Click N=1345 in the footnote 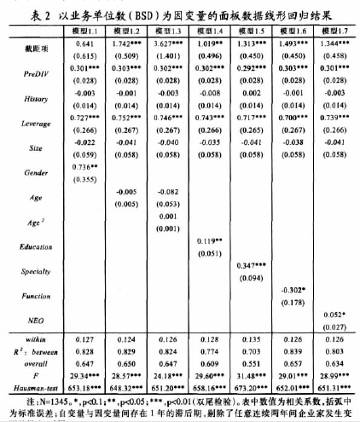59,398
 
